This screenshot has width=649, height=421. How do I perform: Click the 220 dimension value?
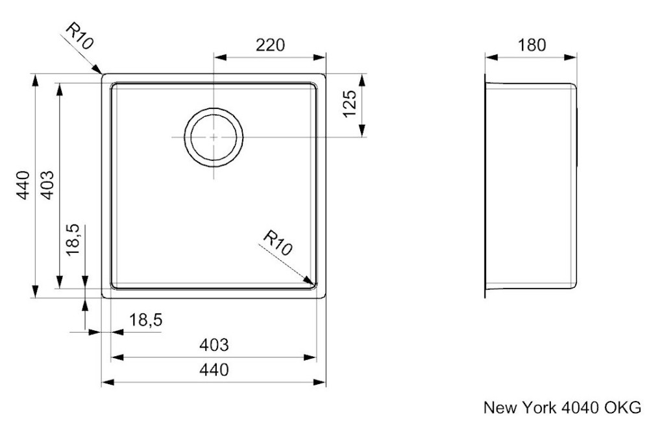pyautogui.click(x=270, y=45)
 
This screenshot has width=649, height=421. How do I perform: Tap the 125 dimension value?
pyautogui.click(x=350, y=103)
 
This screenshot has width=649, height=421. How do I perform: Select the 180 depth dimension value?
pyautogui.click(x=532, y=45)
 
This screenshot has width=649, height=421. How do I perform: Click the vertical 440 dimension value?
pyautogui.click(x=23, y=185)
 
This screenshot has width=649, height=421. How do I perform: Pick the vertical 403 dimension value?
pyautogui.click(x=47, y=185)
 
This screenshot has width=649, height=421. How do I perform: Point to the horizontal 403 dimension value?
pyautogui.click(x=214, y=344)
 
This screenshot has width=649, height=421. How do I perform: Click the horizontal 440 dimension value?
pyautogui.click(x=214, y=369)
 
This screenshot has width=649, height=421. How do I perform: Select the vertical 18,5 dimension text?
pyautogui.click(x=72, y=239)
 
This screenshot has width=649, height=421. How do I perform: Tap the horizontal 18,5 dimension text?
pyautogui.click(x=145, y=320)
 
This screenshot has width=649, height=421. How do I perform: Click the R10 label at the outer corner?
pyautogui.click(x=80, y=36)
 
